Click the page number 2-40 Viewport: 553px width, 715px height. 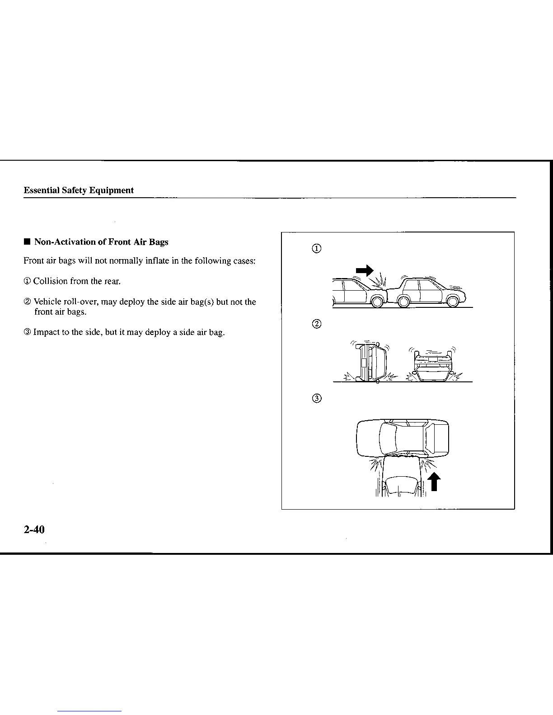click(34, 529)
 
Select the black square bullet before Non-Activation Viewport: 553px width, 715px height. click(27, 242)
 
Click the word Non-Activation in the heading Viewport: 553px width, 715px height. click(65, 242)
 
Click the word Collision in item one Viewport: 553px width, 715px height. click(50, 281)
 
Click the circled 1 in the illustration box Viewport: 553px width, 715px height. click(317, 249)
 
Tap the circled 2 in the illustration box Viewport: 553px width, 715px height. click(317, 324)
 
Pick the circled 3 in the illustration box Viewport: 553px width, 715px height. click(317, 398)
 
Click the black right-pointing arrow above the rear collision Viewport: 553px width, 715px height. click(364, 270)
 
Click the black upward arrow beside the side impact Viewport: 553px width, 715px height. click(434, 481)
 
